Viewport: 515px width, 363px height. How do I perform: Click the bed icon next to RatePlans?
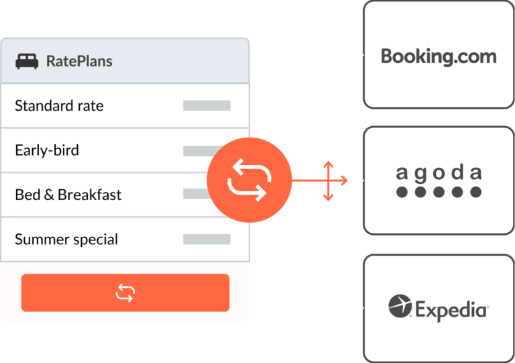point(27,61)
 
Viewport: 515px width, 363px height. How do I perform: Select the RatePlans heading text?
point(79,61)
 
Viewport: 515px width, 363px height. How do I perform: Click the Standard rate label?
point(59,106)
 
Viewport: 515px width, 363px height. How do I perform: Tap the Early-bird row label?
point(46,150)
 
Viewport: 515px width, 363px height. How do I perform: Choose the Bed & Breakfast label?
point(68,195)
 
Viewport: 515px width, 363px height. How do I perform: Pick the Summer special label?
point(66,240)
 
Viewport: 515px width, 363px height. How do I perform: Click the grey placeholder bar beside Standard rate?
point(207,106)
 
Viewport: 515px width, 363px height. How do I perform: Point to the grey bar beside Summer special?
point(207,240)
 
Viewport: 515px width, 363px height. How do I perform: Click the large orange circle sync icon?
point(249,180)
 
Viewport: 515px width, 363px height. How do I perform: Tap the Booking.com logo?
point(439,56)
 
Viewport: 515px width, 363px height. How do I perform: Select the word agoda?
point(439,173)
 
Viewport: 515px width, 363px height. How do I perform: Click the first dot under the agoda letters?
point(402,193)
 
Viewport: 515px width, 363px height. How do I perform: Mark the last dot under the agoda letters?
point(475,193)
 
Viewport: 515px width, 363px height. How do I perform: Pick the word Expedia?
point(451,309)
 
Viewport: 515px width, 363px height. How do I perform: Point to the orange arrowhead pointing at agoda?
point(344,180)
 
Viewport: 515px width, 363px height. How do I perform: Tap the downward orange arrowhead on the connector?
point(328,197)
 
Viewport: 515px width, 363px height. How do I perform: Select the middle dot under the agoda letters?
point(439,193)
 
